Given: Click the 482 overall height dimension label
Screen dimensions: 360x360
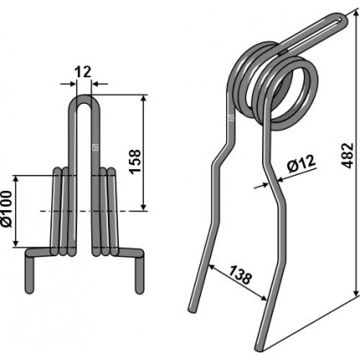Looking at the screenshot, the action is (347, 156).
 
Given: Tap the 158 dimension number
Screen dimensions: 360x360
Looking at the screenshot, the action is (135, 162).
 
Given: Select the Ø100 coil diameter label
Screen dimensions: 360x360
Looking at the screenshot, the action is (6, 208).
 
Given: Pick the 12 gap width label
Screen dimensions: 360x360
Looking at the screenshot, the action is (83, 72).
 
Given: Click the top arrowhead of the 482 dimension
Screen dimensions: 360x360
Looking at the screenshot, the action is (357, 15).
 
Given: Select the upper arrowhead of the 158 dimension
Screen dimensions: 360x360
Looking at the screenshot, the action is (143, 100).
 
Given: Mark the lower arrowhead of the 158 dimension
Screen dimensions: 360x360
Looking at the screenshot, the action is (143, 206).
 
